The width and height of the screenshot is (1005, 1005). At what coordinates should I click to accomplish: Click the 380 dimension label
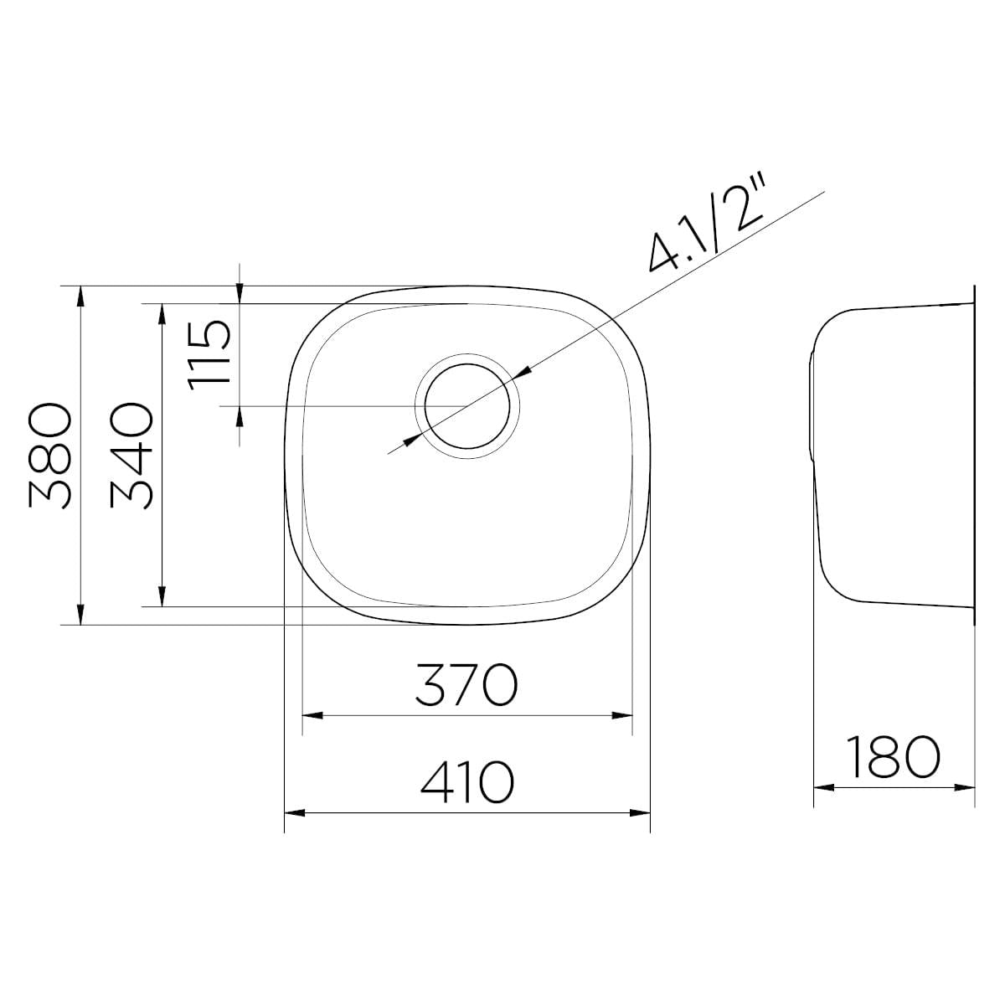tap(49, 455)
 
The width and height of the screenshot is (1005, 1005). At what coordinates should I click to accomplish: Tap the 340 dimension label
tap(131, 455)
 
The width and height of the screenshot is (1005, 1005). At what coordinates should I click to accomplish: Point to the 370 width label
tap(466, 685)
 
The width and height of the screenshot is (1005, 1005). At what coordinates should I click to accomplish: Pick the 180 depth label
tap(894, 757)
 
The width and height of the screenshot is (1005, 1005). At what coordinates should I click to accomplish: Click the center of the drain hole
tap(466, 405)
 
